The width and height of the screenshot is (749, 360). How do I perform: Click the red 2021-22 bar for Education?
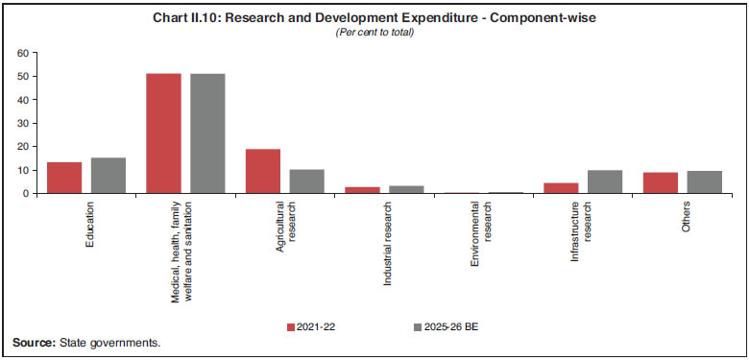point(65,178)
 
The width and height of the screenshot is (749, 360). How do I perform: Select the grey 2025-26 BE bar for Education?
point(108,176)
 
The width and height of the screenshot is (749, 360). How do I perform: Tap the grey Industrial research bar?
point(405,189)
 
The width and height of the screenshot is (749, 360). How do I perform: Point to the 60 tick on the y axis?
point(24,53)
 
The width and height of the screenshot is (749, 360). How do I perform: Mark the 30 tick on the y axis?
point(24,123)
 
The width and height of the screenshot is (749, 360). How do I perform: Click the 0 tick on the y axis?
point(27,193)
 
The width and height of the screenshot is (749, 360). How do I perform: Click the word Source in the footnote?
point(33,343)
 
